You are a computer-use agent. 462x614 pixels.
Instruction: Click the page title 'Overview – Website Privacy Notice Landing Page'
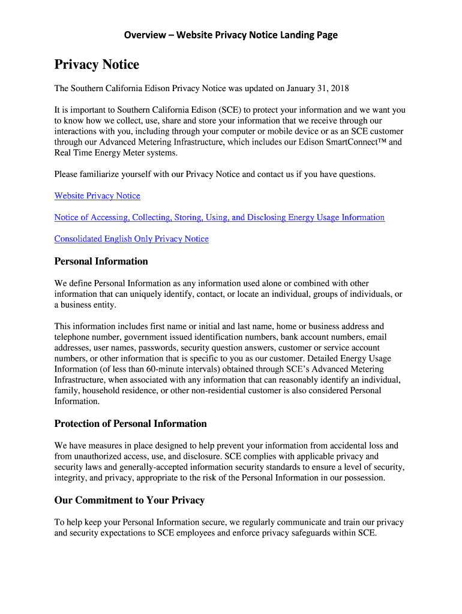[231, 35]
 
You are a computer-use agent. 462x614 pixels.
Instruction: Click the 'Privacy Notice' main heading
[97, 65]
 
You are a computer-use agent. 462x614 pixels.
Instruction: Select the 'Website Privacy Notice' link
[97, 196]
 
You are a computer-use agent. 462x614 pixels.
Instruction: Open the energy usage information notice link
[219, 218]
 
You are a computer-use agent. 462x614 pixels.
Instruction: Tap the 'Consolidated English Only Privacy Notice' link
[131, 239]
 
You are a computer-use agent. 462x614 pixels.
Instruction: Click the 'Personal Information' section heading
[101, 261]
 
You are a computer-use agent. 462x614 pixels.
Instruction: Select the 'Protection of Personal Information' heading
[130, 424]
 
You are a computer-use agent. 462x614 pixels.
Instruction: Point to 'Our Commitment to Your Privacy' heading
[129, 500]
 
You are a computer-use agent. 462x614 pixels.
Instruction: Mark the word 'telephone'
[73, 337]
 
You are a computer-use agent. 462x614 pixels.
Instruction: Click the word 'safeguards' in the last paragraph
[310, 533]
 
